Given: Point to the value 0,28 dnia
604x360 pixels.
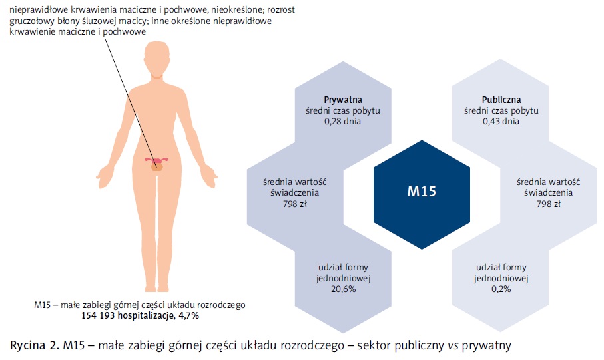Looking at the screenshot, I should pyautogui.click(x=343, y=122).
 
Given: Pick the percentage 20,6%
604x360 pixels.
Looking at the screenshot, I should pyautogui.click(x=344, y=289).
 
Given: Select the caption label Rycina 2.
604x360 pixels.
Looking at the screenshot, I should pyautogui.click(x=33, y=345).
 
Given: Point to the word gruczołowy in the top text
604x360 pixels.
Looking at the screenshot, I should pyautogui.click(x=31, y=21).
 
